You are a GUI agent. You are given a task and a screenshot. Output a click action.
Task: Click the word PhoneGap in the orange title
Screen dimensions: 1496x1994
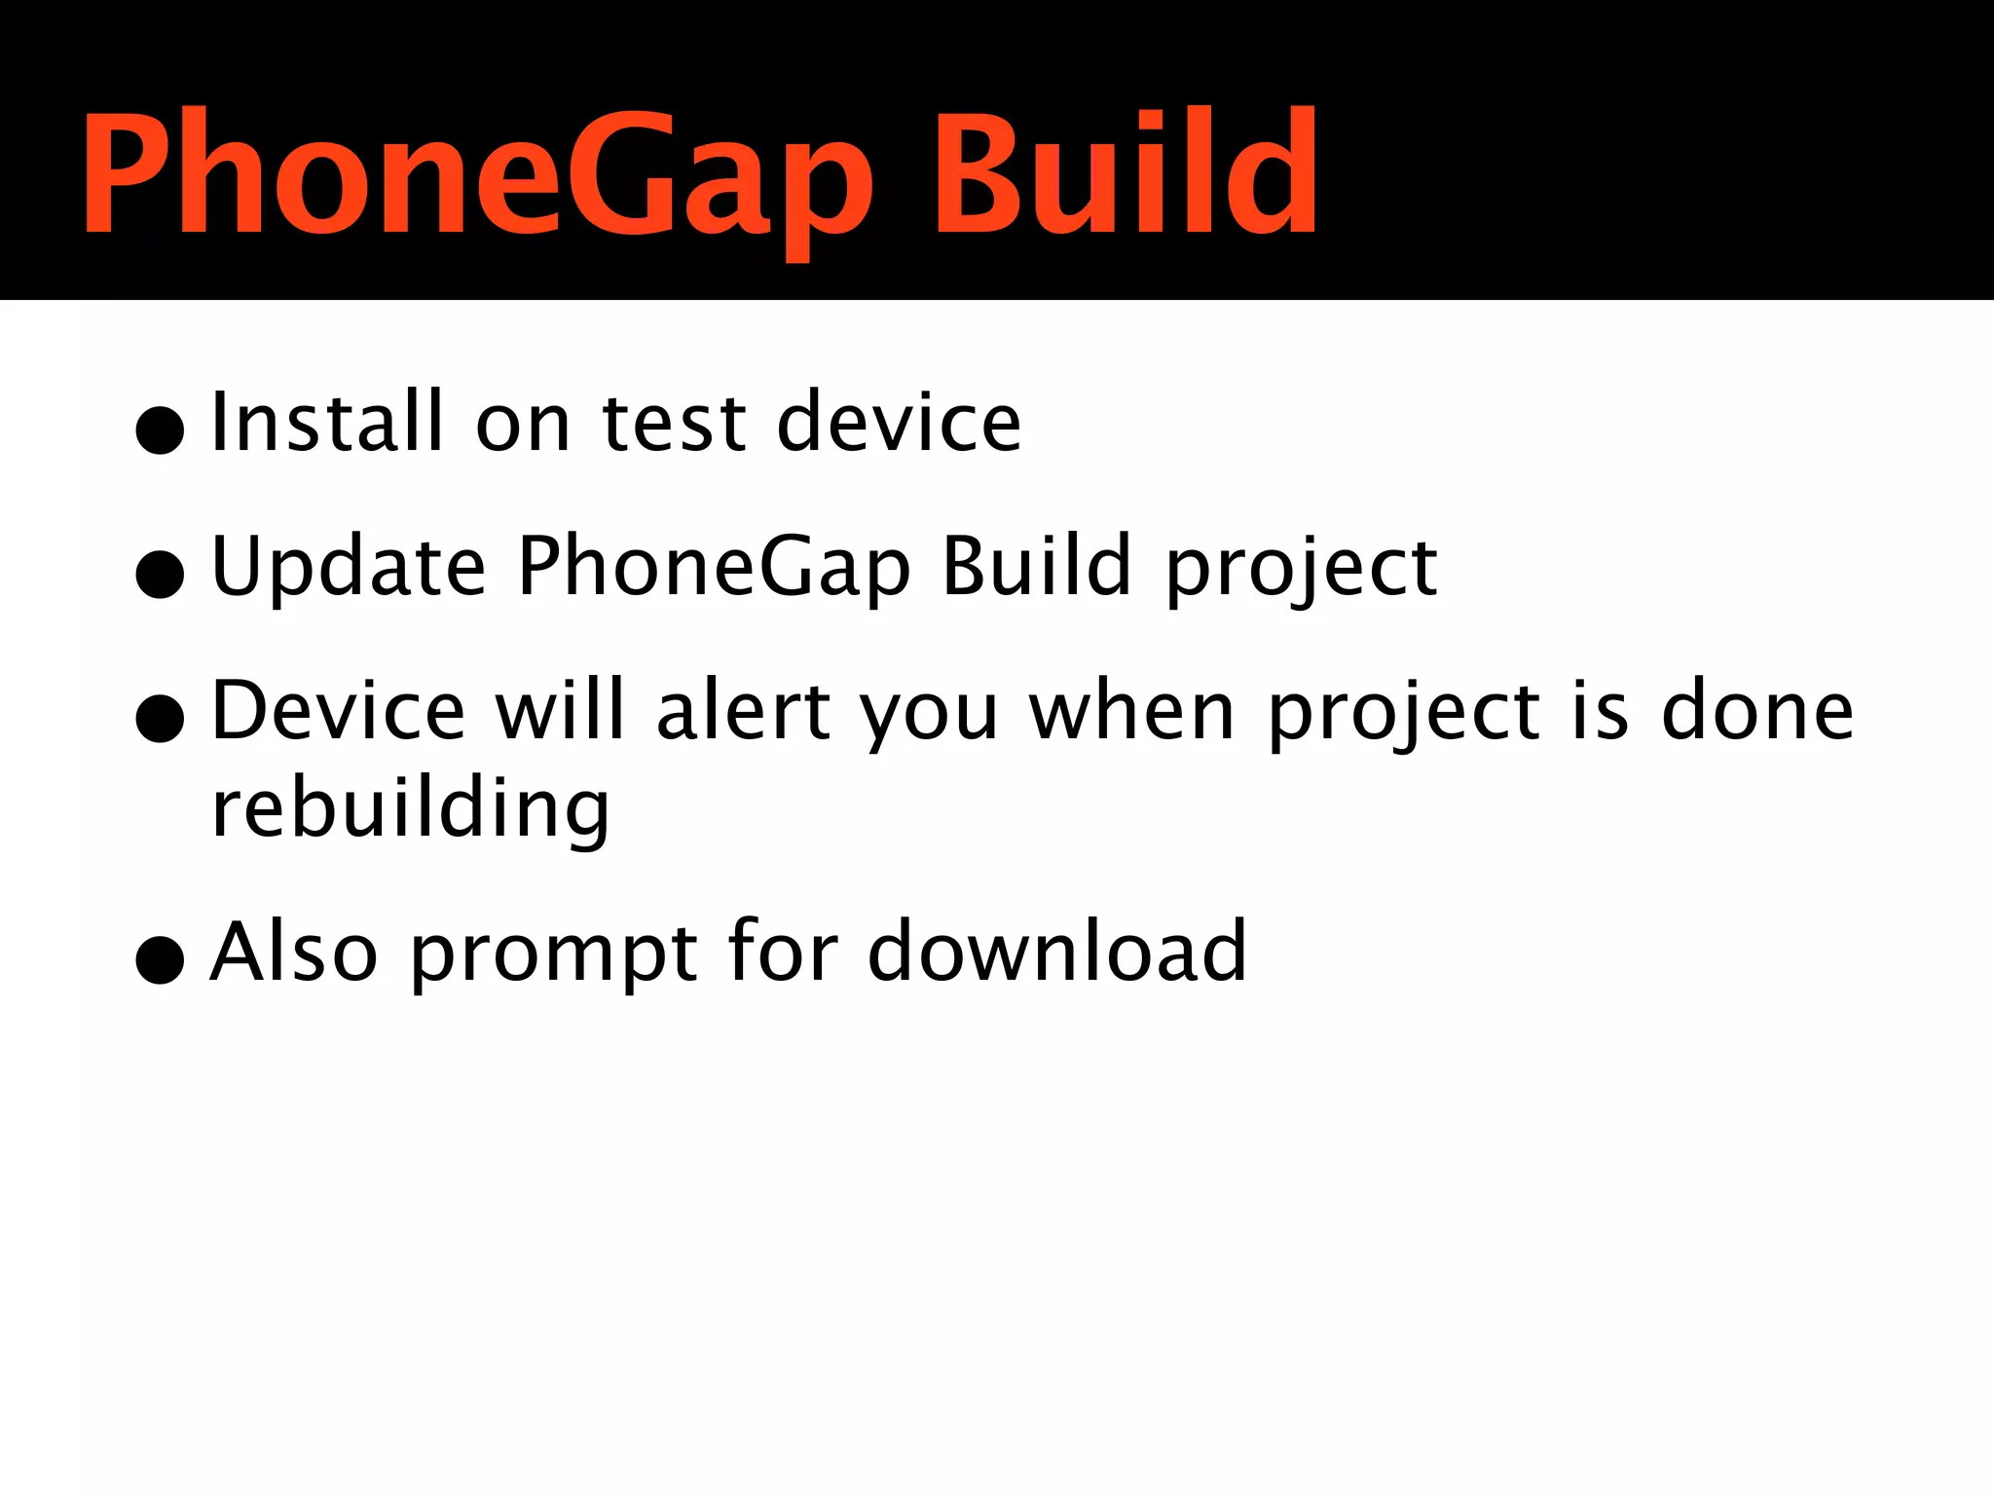tap(477, 175)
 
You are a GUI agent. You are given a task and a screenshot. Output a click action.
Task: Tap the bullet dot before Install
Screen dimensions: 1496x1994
tap(161, 430)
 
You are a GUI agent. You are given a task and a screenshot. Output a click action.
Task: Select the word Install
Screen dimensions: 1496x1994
tap(326, 422)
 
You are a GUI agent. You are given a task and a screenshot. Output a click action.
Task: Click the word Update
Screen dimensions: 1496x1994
tap(348, 567)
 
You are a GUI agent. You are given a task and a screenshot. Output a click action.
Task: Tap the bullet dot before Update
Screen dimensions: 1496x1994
tap(161, 575)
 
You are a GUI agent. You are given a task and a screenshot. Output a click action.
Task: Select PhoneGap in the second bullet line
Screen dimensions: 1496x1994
tap(714, 569)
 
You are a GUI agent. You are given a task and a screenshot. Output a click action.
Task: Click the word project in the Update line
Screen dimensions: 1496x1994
tap(1301, 569)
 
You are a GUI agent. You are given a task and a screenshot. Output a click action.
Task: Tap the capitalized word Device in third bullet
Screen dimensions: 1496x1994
tap(338, 711)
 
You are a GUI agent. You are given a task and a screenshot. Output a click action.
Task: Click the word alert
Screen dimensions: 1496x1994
tap(743, 711)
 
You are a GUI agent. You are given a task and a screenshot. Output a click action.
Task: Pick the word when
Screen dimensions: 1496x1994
tap(1132, 711)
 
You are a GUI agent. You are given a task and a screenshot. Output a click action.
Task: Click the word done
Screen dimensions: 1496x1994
tap(1756, 711)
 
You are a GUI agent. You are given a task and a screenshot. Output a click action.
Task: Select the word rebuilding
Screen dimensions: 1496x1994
tap(410, 810)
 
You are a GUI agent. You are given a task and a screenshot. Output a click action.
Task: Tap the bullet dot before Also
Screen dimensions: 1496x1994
tap(161, 960)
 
